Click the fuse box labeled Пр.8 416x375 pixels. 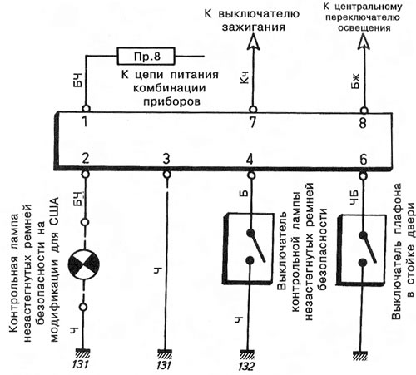(x=146, y=57)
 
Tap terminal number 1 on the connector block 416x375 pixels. (x=86, y=121)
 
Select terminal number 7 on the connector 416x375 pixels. (x=252, y=122)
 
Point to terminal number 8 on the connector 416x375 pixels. (x=364, y=122)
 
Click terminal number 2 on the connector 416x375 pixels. (x=86, y=159)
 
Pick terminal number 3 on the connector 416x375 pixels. (x=166, y=159)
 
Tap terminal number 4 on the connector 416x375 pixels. (x=250, y=160)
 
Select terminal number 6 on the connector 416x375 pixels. (x=363, y=160)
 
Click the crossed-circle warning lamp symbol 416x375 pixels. (x=84, y=264)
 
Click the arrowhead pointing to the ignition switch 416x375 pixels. (x=253, y=42)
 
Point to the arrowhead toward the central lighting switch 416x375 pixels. (x=364, y=41)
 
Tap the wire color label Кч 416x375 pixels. (x=245, y=77)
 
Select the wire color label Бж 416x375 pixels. (x=355, y=81)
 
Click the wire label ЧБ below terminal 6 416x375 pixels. (x=354, y=198)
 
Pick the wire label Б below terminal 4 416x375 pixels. (x=243, y=194)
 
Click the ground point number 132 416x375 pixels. (x=246, y=367)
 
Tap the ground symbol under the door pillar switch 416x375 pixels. (x=360, y=356)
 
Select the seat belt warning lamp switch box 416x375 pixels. (x=247, y=249)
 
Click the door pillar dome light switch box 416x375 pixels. (x=361, y=249)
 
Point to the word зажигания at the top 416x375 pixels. (x=253, y=27)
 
